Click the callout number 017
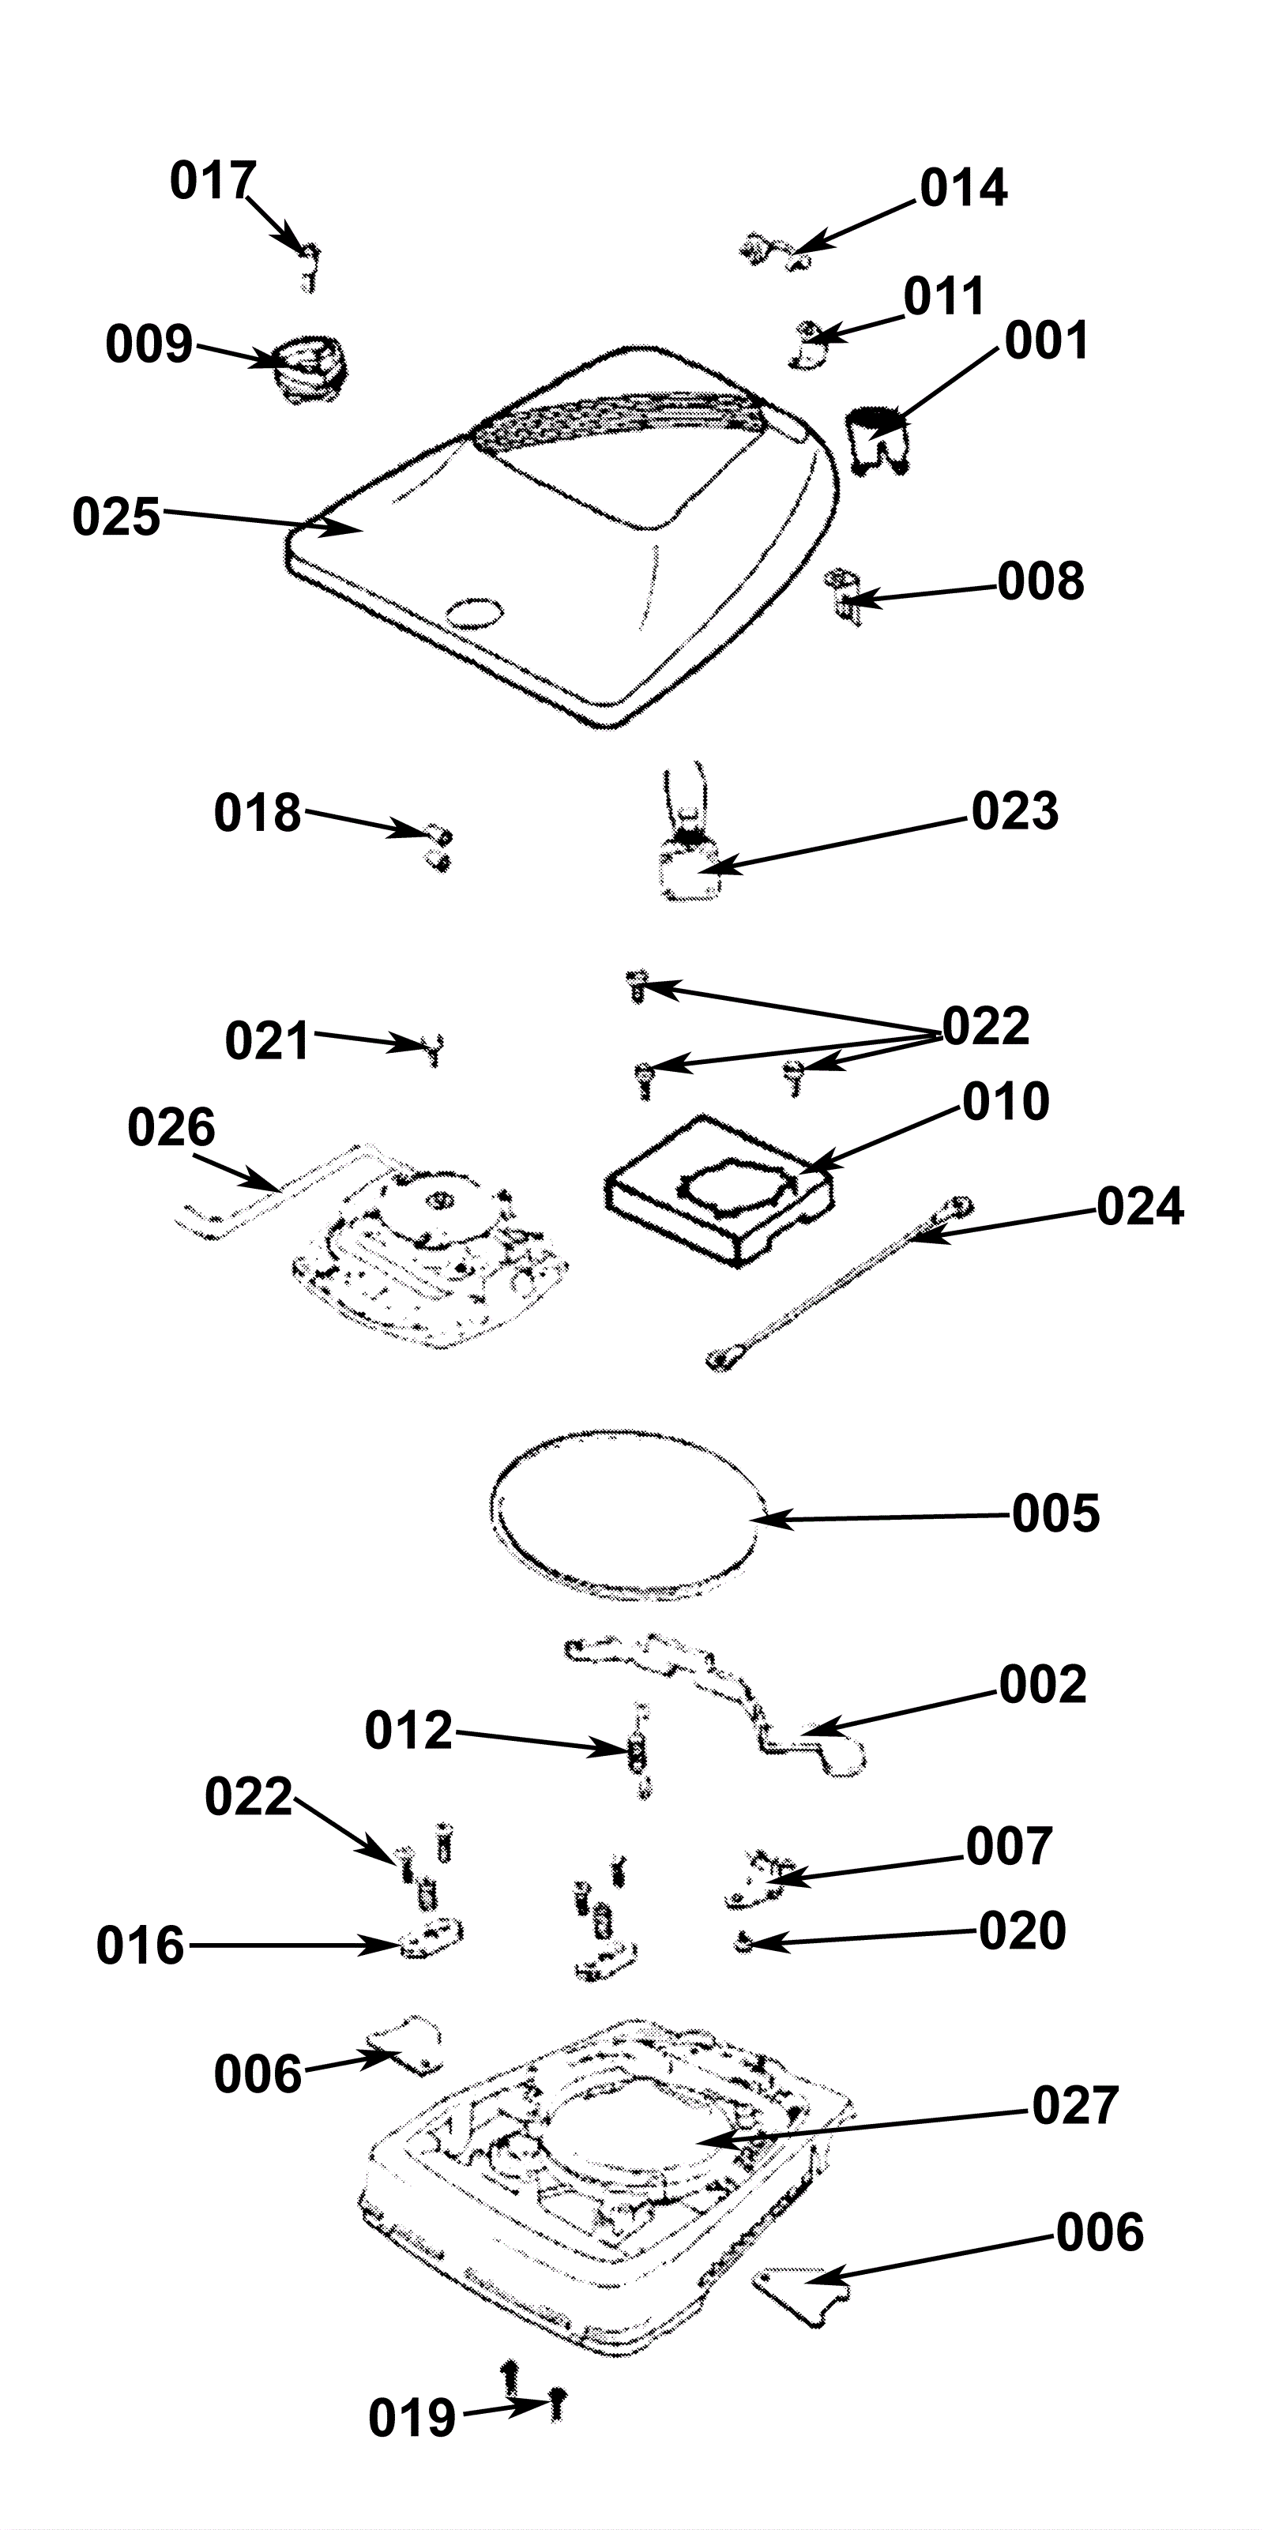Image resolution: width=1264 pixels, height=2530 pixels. (213, 182)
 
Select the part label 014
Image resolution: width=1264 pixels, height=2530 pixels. (964, 189)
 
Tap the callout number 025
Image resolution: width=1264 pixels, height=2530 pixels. (116, 517)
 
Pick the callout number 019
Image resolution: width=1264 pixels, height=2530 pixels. (412, 2419)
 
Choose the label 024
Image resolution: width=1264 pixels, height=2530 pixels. (1140, 1207)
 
